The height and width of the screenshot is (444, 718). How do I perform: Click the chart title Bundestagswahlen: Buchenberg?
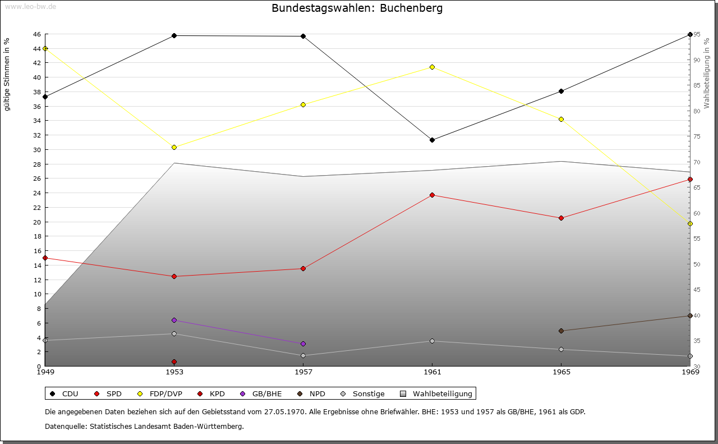pyautogui.click(x=357, y=8)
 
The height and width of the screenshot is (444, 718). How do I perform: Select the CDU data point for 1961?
pyautogui.click(x=432, y=140)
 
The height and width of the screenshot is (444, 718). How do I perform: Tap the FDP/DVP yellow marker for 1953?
pyautogui.click(x=174, y=147)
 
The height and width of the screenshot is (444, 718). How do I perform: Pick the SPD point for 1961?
pyautogui.click(x=432, y=195)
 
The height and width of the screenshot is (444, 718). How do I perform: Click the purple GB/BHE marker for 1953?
pyautogui.click(x=174, y=320)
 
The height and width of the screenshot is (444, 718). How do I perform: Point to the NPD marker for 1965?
pyautogui.click(x=561, y=331)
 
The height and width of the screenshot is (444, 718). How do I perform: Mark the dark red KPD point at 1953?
pyautogui.click(x=174, y=361)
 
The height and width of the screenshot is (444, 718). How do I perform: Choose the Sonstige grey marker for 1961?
pyautogui.click(x=432, y=341)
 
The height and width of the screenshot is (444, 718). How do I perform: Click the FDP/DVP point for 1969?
pyautogui.click(x=690, y=223)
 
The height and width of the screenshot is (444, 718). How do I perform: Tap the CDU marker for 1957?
pyautogui.click(x=303, y=36)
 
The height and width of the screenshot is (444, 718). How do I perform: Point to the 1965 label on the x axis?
pyautogui.click(x=561, y=372)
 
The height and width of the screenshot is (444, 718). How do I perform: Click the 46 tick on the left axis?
pyautogui.click(x=36, y=34)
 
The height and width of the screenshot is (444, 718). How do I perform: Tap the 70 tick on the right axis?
pyautogui.click(x=696, y=162)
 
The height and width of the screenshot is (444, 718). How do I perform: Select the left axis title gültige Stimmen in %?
pyautogui.click(x=7, y=75)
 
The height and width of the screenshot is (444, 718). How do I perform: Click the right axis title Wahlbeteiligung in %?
pyautogui.click(x=707, y=74)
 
